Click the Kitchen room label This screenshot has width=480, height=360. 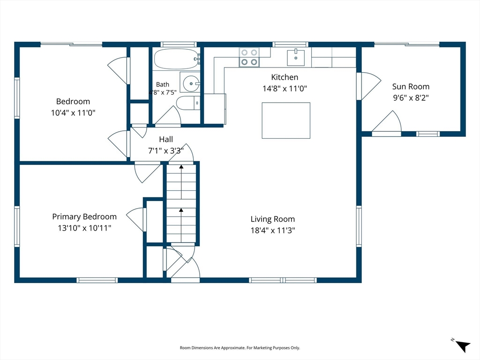tap(285, 77)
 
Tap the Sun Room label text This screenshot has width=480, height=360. tap(411, 87)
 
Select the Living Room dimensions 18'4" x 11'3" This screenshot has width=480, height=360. tap(273, 230)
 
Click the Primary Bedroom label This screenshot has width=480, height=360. tap(84, 217)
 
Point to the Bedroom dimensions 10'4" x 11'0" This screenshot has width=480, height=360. tap(73, 112)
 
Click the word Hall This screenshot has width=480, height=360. tap(166, 139)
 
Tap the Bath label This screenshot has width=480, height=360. tap(163, 84)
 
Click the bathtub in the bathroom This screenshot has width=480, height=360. tap(177, 59)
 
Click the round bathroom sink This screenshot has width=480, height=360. tap(191, 83)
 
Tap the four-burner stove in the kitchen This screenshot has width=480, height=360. tap(249, 57)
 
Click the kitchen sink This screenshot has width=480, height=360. tap(296, 57)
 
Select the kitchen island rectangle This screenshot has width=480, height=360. tap(286, 120)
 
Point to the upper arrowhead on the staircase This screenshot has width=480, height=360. tap(181, 167)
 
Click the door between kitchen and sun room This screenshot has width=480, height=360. tap(369, 86)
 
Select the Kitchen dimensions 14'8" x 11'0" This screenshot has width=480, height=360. tap(285, 89)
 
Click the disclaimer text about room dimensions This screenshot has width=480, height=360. tap(240, 348)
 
